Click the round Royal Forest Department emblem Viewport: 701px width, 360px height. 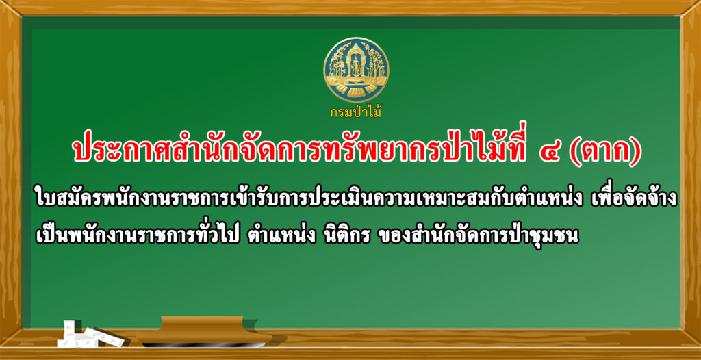pyautogui.click(x=356, y=70)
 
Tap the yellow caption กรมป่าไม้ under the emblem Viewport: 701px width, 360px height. pyautogui.click(x=356, y=112)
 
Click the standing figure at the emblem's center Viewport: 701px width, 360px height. pyautogui.click(x=356, y=67)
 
